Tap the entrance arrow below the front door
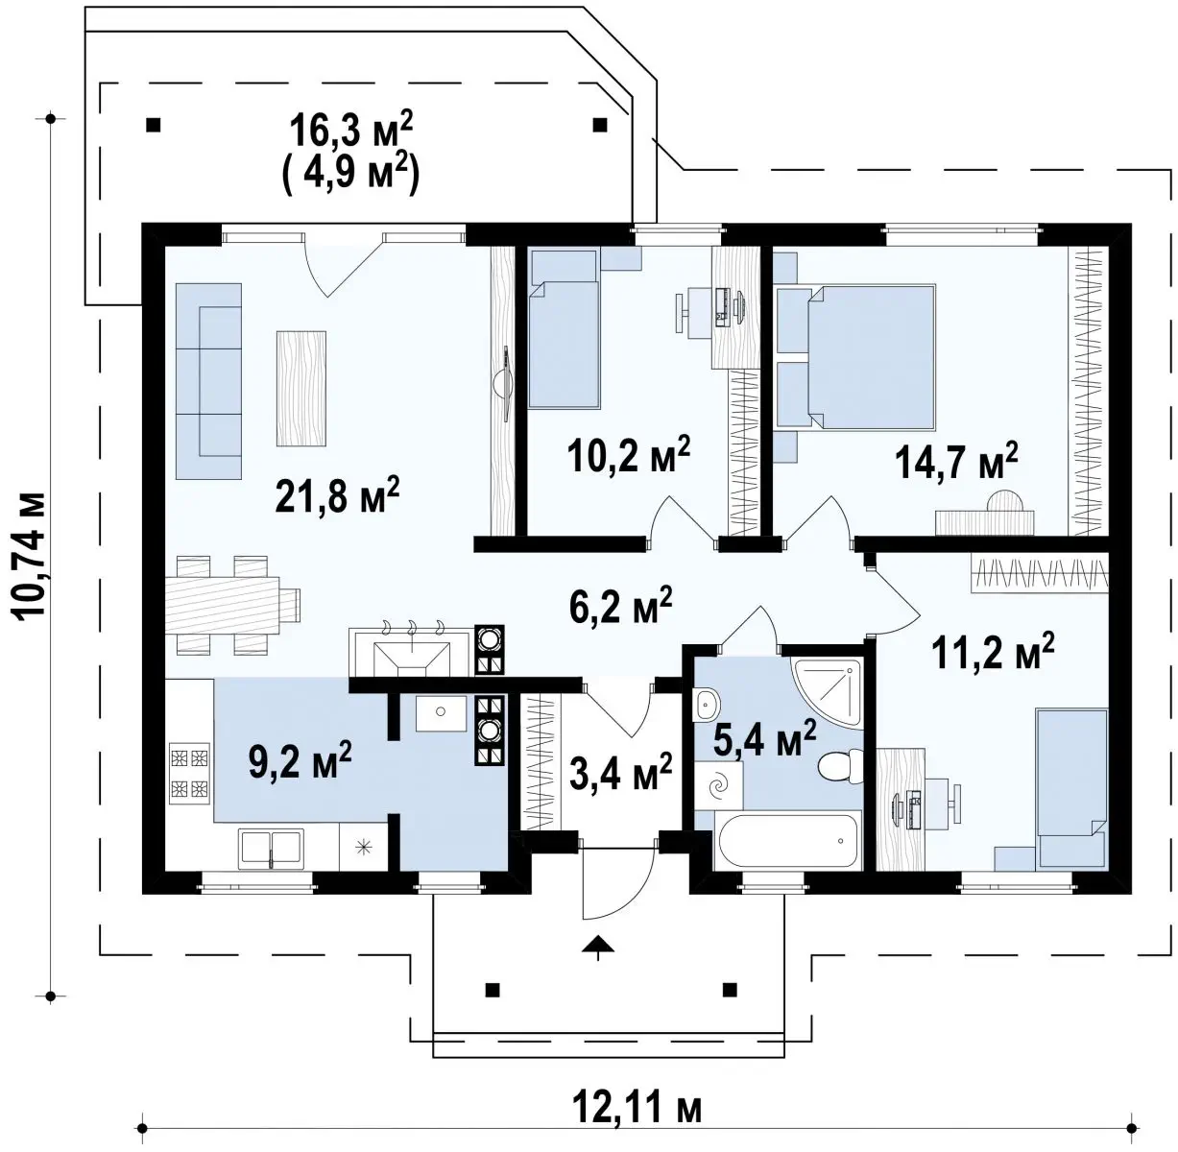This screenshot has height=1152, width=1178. point(599,947)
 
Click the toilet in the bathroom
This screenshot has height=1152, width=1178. point(840,766)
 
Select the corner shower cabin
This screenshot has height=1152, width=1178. point(828,692)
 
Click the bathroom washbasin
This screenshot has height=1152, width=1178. point(708,705)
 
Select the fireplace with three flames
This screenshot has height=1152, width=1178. point(412,652)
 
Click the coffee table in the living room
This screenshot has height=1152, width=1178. point(301,389)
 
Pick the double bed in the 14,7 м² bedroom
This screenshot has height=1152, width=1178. point(871,357)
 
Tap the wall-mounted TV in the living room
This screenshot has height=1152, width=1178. point(504,383)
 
